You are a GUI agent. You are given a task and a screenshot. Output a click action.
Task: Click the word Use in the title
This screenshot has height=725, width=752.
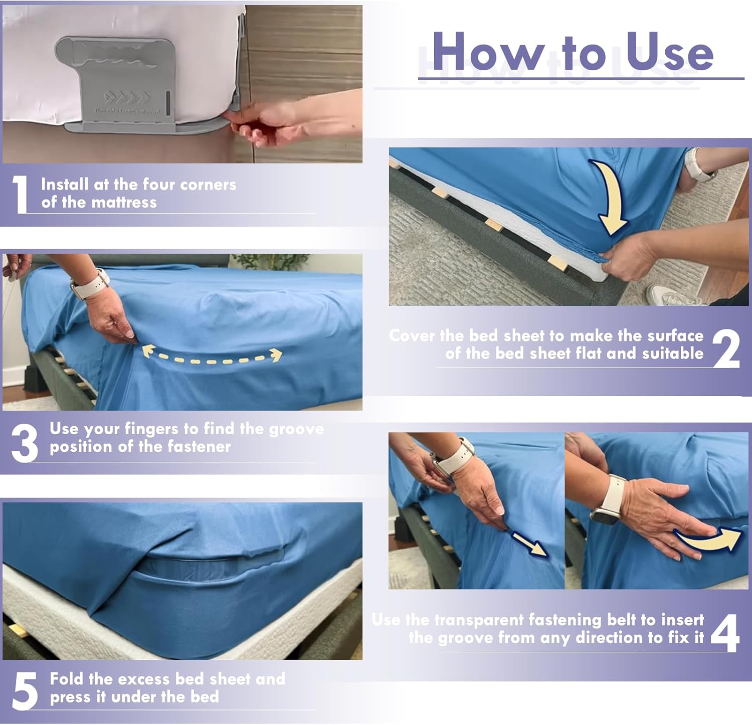click(x=670, y=51)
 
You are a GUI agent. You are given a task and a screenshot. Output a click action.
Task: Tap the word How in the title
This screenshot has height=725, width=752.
click(x=488, y=51)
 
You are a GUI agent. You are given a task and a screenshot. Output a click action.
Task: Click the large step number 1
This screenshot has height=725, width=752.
click(x=20, y=195)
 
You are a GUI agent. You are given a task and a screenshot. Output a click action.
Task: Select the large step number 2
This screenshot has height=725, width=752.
click(x=726, y=348)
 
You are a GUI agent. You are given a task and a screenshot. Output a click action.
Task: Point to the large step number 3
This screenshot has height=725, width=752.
click(x=25, y=442)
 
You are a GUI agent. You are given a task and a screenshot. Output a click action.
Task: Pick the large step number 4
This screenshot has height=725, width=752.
click(x=725, y=633)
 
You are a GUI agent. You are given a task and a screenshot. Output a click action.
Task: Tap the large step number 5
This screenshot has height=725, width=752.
click(x=25, y=691)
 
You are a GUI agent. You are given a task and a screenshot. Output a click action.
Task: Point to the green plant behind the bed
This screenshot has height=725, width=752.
click(x=271, y=261)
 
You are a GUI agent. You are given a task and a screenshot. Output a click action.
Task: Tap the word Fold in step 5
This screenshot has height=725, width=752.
click(x=67, y=679)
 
